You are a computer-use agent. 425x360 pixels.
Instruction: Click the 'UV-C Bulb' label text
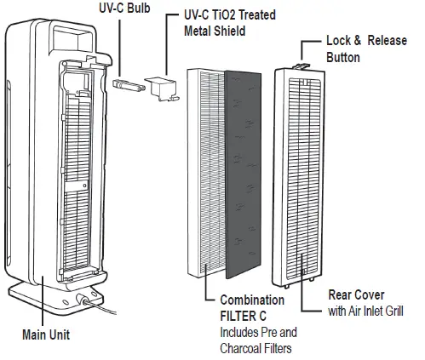coord(127,8)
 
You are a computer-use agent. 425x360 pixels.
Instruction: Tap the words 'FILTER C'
coord(248,316)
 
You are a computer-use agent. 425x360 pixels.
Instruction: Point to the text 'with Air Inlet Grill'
coord(369,311)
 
